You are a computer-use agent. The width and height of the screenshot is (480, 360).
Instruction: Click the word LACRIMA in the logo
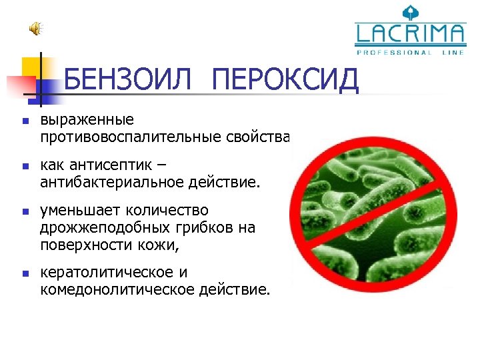[411, 35]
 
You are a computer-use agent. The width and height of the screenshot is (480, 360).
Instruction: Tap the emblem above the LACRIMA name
[410, 12]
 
